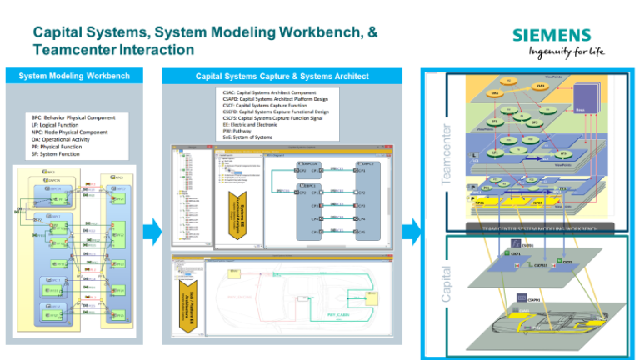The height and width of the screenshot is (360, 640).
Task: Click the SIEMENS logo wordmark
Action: point(551,35)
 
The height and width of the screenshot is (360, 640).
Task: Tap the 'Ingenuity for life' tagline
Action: point(561,52)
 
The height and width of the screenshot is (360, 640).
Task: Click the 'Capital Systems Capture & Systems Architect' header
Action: point(282,77)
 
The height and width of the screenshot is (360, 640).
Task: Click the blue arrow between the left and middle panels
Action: point(152,231)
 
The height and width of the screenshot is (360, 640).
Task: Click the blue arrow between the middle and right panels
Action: point(408,231)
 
